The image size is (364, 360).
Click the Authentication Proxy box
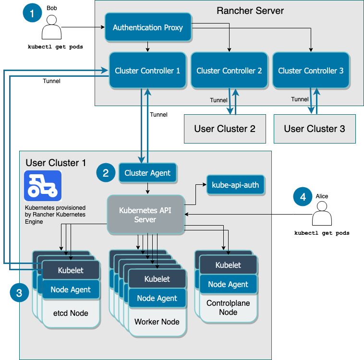(x=148, y=27)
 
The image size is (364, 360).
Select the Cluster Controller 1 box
(x=147, y=71)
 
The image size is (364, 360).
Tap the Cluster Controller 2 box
(x=229, y=71)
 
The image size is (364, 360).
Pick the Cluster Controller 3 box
(x=311, y=71)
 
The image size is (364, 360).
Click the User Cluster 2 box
(x=225, y=129)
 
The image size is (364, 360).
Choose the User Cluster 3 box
(x=315, y=129)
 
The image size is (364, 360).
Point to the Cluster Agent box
(x=147, y=173)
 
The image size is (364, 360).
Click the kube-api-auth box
(x=235, y=184)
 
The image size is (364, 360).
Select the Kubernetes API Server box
(x=146, y=215)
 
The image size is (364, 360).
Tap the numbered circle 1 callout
(x=32, y=13)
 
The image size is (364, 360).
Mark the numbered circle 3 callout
(x=19, y=293)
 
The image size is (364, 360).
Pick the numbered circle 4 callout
(x=303, y=196)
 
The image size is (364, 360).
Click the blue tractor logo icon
(x=43, y=186)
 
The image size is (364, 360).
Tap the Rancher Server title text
(x=250, y=11)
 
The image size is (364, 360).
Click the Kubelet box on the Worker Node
(x=157, y=279)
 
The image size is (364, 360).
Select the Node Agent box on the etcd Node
(x=71, y=289)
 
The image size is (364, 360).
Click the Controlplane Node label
(x=228, y=308)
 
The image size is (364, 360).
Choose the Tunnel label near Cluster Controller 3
(x=300, y=99)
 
